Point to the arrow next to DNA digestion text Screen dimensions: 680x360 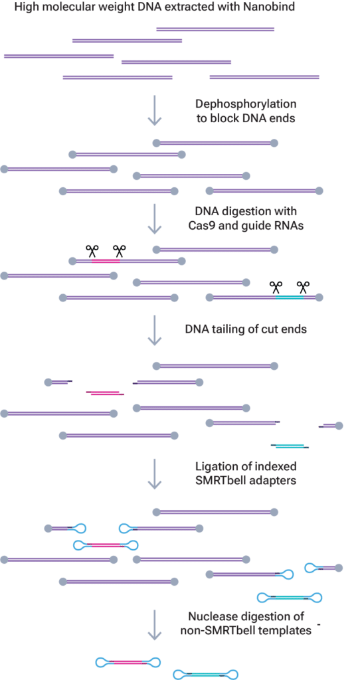tap(154, 219)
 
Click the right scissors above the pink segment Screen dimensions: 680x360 tap(119, 251)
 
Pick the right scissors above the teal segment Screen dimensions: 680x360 tap(304, 288)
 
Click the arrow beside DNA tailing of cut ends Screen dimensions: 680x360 tap(154, 331)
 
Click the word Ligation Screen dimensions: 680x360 tap(217, 466)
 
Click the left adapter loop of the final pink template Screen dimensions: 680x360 tap(104, 662)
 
